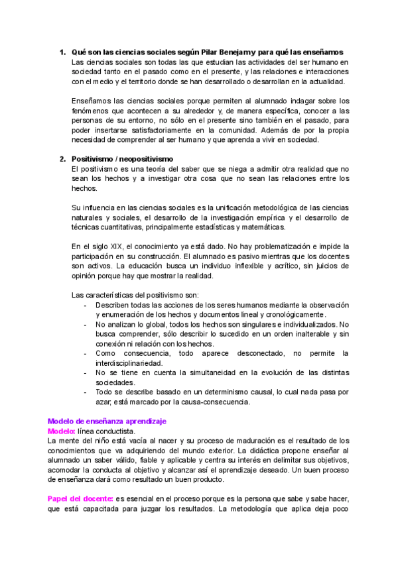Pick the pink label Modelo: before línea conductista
click(x=62, y=431)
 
